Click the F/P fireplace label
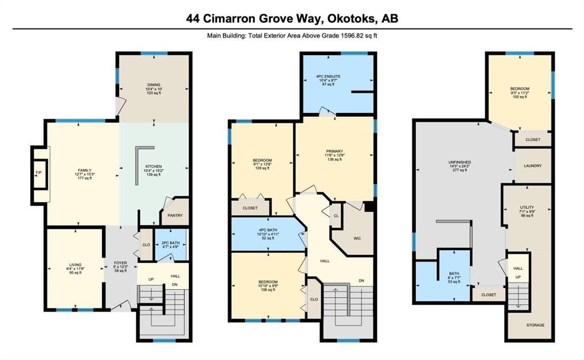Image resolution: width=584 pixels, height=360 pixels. [x=38, y=173]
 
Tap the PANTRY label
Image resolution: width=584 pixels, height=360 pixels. [x=175, y=216]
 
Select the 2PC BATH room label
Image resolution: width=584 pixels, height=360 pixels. [x=170, y=243]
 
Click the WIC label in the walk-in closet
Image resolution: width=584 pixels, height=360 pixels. [x=357, y=238]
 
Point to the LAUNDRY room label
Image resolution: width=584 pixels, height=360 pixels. [x=533, y=166]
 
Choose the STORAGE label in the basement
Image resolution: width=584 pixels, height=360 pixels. [x=535, y=325]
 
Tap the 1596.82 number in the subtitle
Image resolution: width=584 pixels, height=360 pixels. [x=352, y=36]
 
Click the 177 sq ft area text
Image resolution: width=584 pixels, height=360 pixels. [x=84, y=178]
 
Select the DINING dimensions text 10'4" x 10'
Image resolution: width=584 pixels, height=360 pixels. [x=153, y=89]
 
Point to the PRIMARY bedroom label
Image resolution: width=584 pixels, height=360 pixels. [x=334, y=151]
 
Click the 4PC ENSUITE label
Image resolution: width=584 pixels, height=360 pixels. [x=328, y=76]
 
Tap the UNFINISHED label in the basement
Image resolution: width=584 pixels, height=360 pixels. [x=460, y=163]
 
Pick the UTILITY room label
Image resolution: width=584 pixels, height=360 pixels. [x=526, y=208]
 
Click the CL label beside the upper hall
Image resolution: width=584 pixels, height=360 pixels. [x=336, y=216]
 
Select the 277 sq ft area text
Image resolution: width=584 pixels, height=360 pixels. [x=460, y=171]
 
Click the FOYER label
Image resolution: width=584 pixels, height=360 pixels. [x=120, y=263]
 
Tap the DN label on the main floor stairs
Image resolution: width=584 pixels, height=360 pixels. [x=175, y=285]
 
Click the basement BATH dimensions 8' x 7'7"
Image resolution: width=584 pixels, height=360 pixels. [x=454, y=278]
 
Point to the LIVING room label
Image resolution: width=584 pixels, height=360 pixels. [x=75, y=265]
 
